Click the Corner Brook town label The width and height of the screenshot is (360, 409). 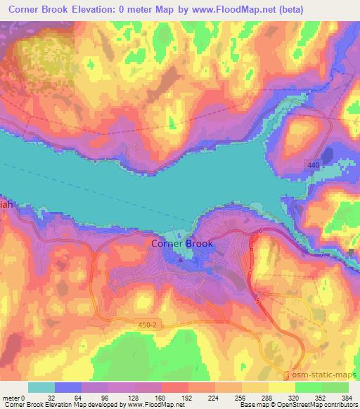(x=182, y=244)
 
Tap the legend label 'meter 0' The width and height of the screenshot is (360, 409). (x=13, y=397)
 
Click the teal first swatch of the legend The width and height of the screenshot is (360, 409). (x=41, y=387)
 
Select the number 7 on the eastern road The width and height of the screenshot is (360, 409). (x=322, y=254)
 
